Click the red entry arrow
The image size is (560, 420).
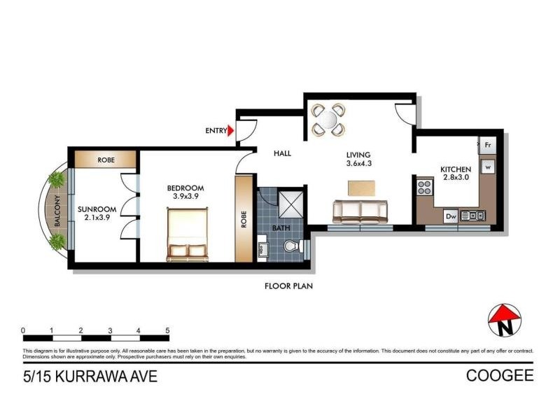[x=232, y=129]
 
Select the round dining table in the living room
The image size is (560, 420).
[x=328, y=119]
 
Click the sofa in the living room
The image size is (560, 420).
[x=360, y=211]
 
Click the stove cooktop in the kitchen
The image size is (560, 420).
[x=424, y=187]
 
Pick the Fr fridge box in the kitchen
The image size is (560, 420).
[x=488, y=146]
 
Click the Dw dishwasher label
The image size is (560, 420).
[x=451, y=216]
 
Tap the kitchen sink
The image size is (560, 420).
[x=473, y=216]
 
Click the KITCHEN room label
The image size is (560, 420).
[x=455, y=169]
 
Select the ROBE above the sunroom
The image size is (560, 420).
[x=106, y=160]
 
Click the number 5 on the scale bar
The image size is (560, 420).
[x=167, y=330]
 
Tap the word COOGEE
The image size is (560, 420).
[x=500, y=377]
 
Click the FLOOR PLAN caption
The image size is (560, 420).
[x=288, y=286]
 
